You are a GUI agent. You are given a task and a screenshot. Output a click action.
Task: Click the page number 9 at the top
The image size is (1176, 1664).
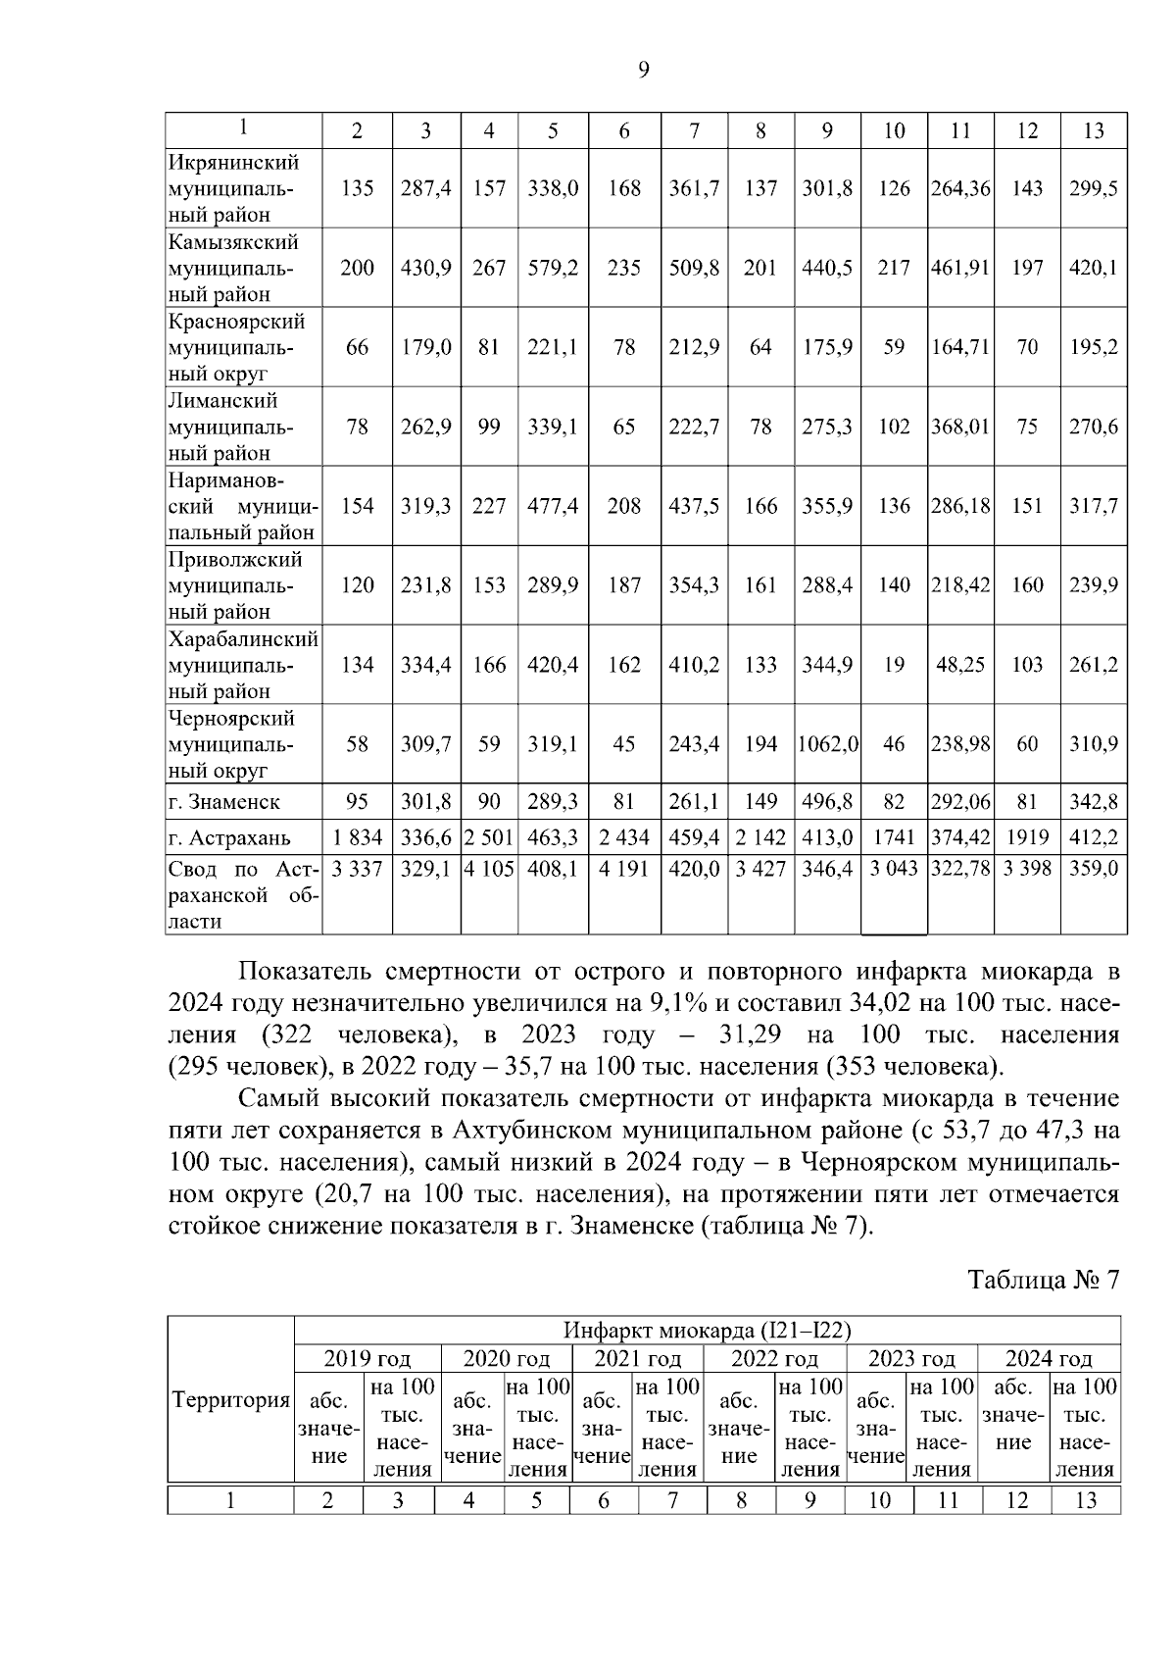643,69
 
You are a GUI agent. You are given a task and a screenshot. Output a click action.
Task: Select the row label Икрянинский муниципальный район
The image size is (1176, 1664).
235,188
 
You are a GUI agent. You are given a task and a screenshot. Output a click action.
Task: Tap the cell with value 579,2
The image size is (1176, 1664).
553,268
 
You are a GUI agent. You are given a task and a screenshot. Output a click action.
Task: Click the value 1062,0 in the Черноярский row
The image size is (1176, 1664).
827,744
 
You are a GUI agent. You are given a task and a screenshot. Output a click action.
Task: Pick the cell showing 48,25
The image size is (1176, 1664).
960,665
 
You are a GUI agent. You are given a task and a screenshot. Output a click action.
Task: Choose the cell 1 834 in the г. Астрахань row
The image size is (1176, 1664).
357,838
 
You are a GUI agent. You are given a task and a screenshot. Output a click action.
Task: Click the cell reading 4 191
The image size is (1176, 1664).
624,869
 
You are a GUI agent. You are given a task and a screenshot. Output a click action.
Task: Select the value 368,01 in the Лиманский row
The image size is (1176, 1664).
960,427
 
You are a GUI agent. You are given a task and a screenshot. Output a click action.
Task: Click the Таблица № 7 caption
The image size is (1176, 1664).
1044,1281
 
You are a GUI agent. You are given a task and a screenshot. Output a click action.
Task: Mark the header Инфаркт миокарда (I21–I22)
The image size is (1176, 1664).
707,1331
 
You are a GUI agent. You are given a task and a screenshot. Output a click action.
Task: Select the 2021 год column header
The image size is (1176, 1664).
636,1358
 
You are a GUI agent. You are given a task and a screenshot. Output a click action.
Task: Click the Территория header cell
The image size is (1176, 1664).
231,1400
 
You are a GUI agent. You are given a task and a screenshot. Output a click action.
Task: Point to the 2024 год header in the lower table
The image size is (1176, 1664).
1048,1358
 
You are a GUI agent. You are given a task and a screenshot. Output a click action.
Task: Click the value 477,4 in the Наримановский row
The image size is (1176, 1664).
553,506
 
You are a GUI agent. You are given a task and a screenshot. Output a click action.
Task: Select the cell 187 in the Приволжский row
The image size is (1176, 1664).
624,585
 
